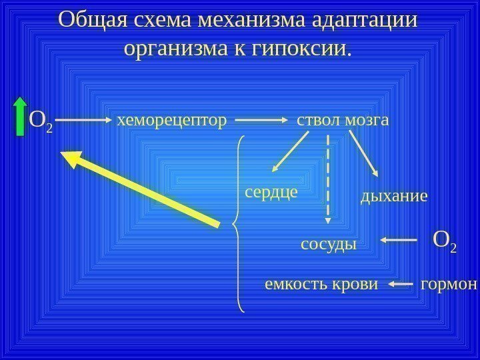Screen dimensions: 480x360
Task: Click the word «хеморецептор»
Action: [x=171, y=121]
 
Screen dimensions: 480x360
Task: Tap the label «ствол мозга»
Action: [x=342, y=121]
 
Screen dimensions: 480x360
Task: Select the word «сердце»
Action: [x=270, y=192]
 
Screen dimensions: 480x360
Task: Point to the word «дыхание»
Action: [x=393, y=197]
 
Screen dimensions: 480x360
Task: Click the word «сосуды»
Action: [x=329, y=244]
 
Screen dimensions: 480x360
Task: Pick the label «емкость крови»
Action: [x=321, y=285]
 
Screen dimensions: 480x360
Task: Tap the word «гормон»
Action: [x=449, y=285]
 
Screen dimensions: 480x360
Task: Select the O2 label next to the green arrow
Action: [x=41, y=121]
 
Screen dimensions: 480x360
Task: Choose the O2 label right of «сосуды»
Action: [x=445, y=241]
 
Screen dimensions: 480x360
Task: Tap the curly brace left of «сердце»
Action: [x=239, y=223]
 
